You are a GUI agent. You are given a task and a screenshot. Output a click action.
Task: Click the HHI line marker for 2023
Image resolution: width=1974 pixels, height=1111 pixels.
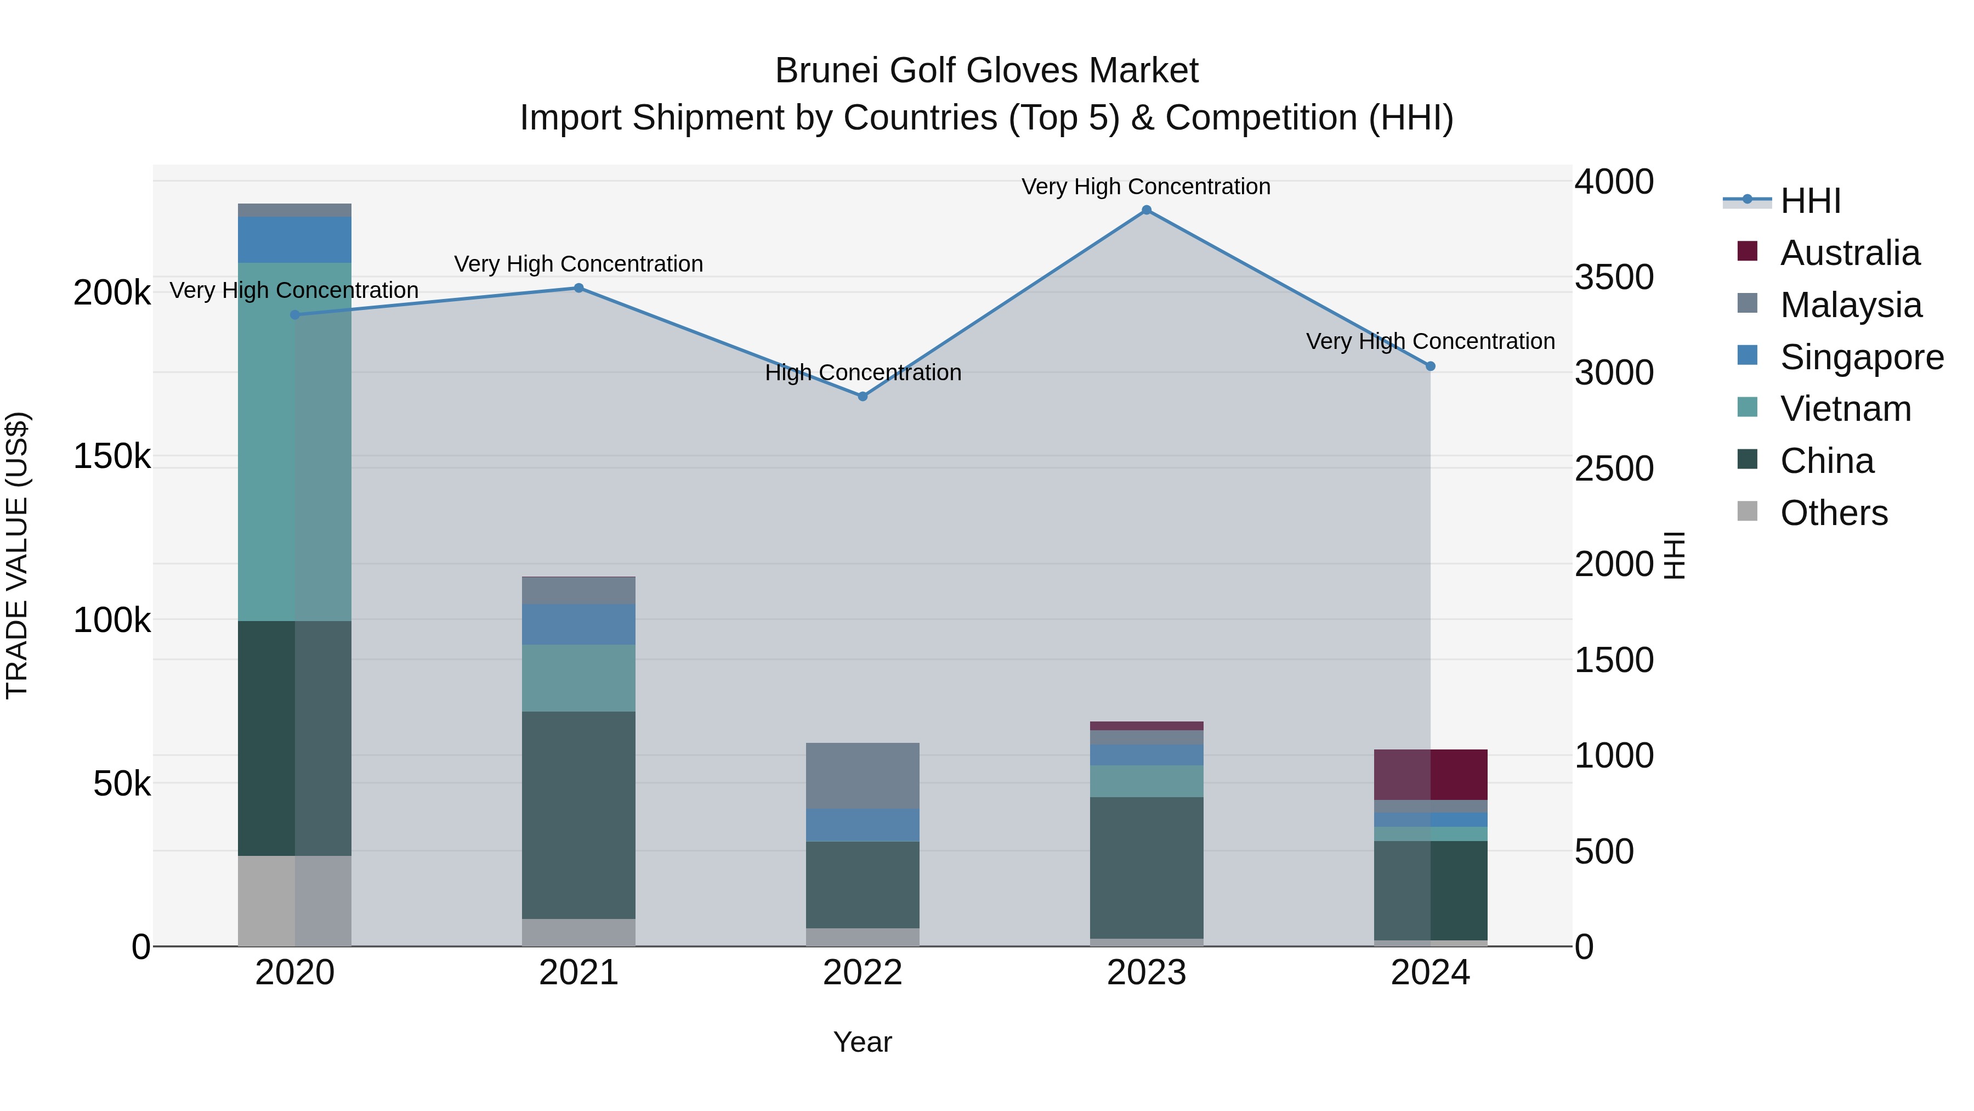click(1147, 210)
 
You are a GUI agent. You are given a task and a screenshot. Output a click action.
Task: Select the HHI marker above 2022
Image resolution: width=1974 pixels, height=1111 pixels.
click(862, 397)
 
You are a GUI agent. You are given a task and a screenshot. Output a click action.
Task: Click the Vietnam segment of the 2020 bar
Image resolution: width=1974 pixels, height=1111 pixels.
click(294, 442)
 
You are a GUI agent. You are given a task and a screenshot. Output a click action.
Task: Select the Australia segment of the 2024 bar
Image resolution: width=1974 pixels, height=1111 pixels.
click(1430, 774)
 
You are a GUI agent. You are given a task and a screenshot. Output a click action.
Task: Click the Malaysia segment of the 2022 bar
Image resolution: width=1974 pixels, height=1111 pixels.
click(862, 775)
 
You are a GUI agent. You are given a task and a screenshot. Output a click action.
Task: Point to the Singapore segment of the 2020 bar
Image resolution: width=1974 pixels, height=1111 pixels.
click(294, 239)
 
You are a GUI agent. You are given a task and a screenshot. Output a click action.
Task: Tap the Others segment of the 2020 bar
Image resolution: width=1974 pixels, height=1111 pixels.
click(294, 900)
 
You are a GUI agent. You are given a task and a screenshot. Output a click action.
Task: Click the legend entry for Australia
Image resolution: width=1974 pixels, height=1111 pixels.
click(1849, 253)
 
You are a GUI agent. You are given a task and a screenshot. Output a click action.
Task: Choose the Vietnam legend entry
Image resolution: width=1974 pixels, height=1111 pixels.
click(1845, 409)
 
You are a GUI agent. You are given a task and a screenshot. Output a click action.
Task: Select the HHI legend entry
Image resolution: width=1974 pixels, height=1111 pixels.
click(1810, 201)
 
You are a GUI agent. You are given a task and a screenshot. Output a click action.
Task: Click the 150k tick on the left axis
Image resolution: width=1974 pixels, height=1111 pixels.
click(112, 457)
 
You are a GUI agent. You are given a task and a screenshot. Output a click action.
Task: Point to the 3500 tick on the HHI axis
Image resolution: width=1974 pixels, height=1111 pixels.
click(1614, 278)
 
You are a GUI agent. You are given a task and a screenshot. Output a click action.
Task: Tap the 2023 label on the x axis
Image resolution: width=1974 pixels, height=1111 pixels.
click(1147, 973)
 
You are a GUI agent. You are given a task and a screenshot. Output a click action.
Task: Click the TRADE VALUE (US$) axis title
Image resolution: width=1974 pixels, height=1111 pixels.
click(17, 555)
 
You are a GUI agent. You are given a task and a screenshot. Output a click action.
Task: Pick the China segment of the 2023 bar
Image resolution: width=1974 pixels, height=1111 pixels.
click(1147, 867)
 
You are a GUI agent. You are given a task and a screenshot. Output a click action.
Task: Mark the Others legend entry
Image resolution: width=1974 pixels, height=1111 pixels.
click(1833, 513)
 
